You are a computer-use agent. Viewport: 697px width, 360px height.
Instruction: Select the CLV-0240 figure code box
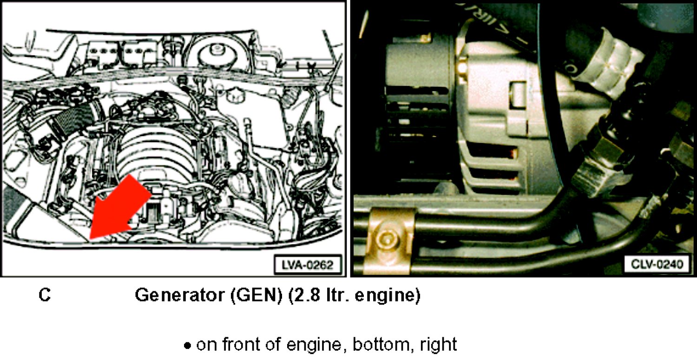click(657, 264)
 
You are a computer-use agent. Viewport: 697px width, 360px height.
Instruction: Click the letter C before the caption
click(45, 295)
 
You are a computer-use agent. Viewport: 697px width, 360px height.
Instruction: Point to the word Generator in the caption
click(179, 295)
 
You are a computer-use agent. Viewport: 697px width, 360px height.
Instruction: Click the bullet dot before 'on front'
click(187, 346)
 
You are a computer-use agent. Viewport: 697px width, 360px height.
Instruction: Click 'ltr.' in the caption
click(336, 295)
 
